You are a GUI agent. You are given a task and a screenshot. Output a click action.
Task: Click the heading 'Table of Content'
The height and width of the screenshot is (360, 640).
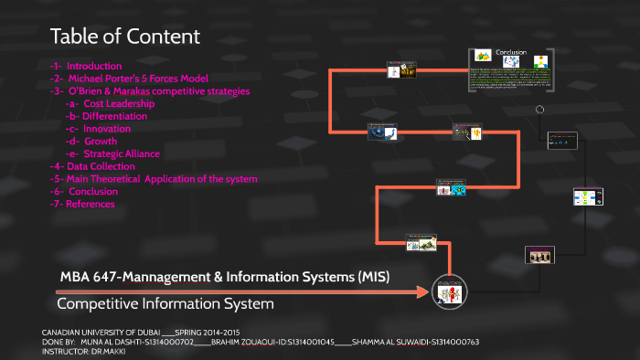[x=124, y=37]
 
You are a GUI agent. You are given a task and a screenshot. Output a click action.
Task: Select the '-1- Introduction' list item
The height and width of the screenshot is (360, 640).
[x=86, y=66]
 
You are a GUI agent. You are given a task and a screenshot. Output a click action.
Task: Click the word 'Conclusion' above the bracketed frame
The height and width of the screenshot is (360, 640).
[x=511, y=53]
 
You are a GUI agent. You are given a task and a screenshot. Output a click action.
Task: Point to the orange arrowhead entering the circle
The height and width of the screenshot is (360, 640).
[x=423, y=292]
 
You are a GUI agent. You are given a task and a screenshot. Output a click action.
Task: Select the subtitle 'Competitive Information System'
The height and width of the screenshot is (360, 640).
[x=165, y=302]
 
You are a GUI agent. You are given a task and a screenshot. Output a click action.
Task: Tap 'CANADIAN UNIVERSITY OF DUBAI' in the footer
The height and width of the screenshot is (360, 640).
[x=101, y=332]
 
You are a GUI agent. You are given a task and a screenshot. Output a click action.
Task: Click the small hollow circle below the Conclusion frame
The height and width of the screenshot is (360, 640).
[x=539, y=109]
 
